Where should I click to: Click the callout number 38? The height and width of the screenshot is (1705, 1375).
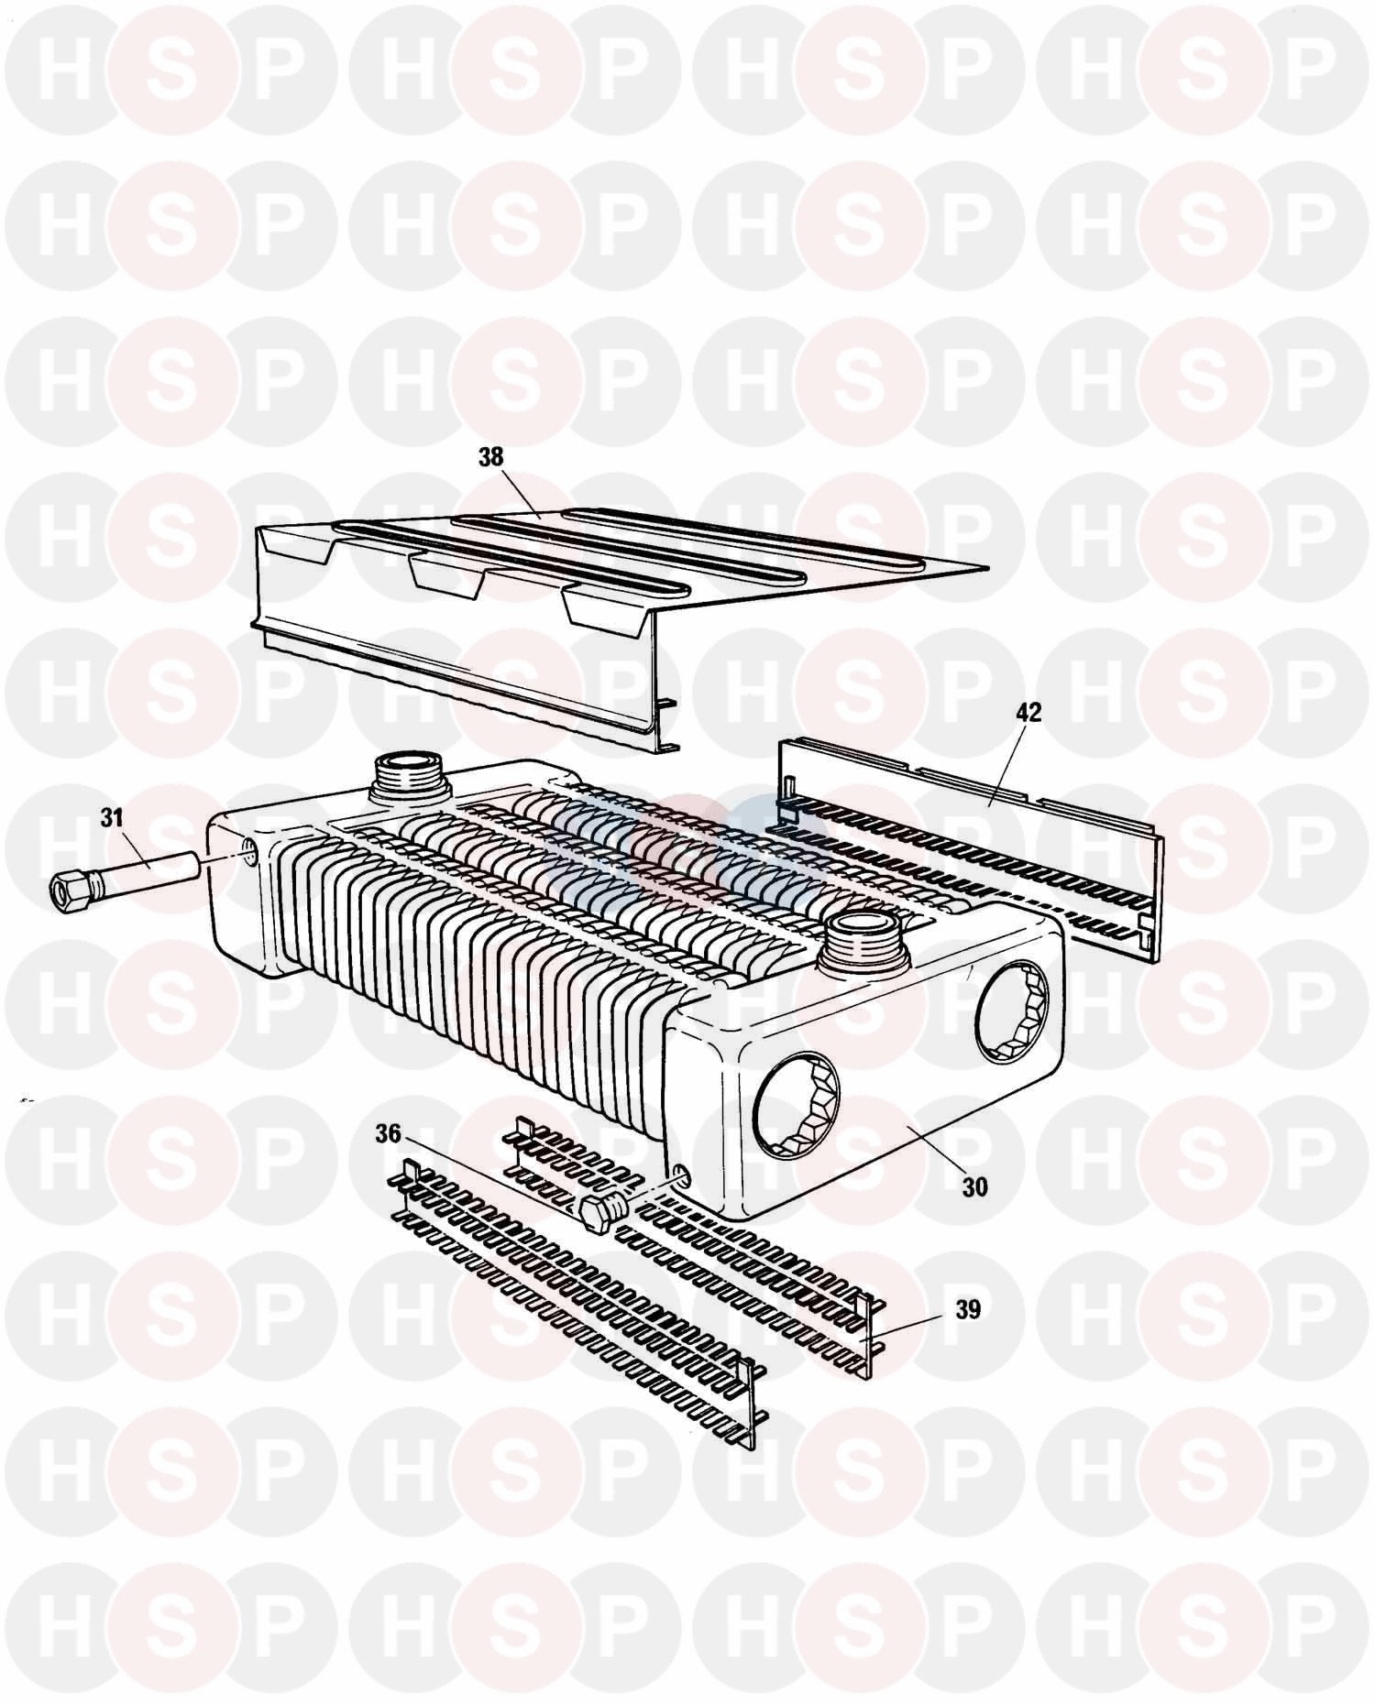[x=491, y=457]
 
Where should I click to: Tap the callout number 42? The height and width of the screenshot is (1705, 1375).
[x=1029, y=712]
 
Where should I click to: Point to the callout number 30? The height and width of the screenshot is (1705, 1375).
[x=975, y=1186]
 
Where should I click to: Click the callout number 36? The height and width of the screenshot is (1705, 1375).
[x=389, y=1133]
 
